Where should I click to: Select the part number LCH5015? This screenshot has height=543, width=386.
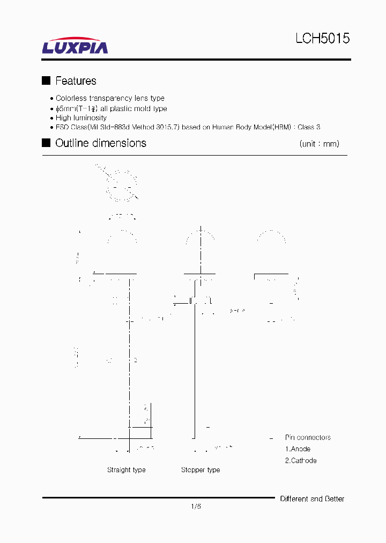point(322,39)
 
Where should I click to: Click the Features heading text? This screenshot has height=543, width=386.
point(76,81)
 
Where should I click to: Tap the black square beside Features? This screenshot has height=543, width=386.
point(46,80)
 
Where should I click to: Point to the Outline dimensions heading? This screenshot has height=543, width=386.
point(101,143)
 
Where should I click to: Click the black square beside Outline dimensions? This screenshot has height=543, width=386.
point(46,143)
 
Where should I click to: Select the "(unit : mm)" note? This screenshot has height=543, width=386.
point(319,144)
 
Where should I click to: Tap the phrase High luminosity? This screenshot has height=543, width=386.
point(81,118)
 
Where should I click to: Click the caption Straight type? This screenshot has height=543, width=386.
point(126,470)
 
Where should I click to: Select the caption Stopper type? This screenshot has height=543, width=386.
point(201,470)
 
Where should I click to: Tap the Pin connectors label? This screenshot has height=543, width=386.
point(308,437)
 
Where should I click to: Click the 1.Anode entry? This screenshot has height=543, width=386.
point(298,449)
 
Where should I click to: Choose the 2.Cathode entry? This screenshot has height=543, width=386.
point(300,460)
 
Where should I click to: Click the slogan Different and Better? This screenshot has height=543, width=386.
point(312,499)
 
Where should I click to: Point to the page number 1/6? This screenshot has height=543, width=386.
point(196,506)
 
